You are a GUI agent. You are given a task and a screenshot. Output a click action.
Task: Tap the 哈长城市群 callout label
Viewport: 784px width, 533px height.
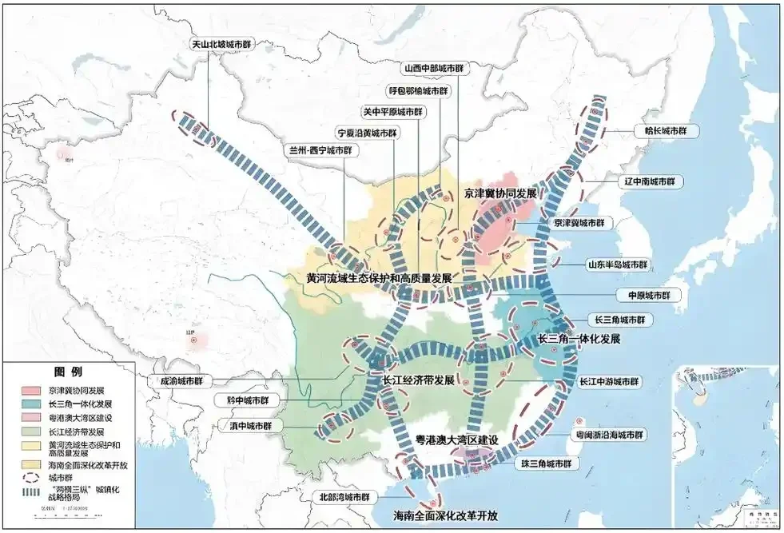tap(659, 131)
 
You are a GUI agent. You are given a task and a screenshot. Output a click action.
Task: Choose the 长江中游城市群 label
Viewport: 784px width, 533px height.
tap(610, 382)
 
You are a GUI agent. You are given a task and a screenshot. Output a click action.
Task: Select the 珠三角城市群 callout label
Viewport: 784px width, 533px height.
tap(543, 463)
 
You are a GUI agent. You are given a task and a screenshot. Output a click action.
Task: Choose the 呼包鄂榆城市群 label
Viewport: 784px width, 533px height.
tap(416, 90)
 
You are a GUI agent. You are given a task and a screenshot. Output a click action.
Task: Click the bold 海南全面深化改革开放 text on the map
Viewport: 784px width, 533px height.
tap(446, 515)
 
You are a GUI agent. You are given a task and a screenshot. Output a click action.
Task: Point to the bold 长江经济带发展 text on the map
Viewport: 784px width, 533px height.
tap(418, 380)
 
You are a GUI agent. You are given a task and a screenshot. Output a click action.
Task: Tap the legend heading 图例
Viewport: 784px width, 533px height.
tap(68, 372)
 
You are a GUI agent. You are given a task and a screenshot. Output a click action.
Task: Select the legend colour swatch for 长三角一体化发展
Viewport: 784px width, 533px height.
tap(31, 404)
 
